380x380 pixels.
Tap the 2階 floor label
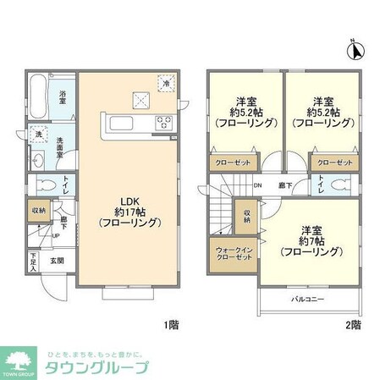352,324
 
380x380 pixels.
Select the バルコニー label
308,300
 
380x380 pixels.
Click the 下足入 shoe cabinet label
33,262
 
